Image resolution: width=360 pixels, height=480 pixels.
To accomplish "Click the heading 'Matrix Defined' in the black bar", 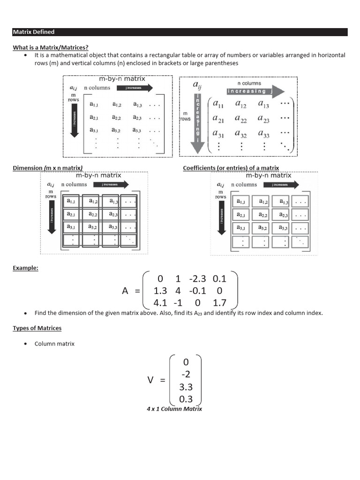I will coord(34,32).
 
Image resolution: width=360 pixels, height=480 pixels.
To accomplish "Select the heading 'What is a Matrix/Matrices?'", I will coord(51,47).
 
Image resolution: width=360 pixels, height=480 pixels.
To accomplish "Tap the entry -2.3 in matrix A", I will coord(198,278).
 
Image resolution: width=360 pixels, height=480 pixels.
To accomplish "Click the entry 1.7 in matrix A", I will coord(219,303).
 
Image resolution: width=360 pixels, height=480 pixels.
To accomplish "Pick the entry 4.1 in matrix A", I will coord(160,303).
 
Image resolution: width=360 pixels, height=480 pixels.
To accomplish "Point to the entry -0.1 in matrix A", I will coord(198,291).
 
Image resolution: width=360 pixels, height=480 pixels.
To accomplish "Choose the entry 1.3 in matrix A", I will coord(160,291).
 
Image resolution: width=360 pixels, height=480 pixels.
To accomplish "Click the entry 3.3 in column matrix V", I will coord(186,387).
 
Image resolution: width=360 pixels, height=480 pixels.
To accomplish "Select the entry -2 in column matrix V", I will coord(186,375).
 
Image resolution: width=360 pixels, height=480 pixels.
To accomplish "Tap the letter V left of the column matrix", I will coord(150,380).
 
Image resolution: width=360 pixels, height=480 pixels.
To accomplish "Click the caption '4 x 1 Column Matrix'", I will coord(174,409).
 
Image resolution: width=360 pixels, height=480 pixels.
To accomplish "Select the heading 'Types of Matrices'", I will coord(37,328).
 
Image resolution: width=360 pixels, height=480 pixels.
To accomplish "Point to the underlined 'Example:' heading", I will coord(26,268).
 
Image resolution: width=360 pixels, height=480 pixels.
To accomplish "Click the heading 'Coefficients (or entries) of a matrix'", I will coord(231,168).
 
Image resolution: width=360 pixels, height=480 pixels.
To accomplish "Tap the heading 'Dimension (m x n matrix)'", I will coord(47,168).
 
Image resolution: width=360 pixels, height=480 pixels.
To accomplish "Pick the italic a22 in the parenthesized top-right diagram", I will coord(241,119).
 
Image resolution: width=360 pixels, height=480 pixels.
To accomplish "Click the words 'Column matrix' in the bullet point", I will coord(54,344).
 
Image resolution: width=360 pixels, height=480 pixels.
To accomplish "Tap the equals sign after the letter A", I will coord(137,291).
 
